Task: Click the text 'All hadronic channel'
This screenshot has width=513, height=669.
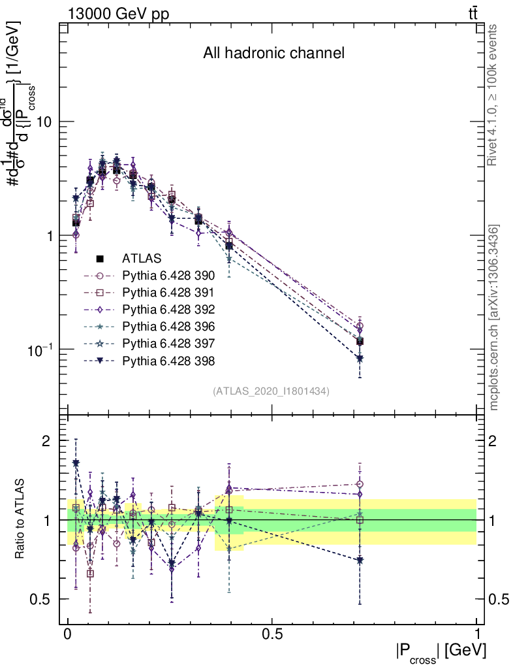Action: [273, 54]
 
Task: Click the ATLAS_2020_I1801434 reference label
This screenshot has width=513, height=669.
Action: [270, 391]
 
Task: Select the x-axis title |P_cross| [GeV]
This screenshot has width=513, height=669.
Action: [441, 652]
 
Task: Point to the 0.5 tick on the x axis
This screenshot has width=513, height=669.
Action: [272, 634]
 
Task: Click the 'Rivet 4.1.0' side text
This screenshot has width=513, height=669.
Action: [494, 95]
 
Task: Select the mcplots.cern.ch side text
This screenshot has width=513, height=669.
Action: [494, 318]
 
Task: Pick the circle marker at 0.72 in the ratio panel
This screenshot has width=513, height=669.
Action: [360, 484]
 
